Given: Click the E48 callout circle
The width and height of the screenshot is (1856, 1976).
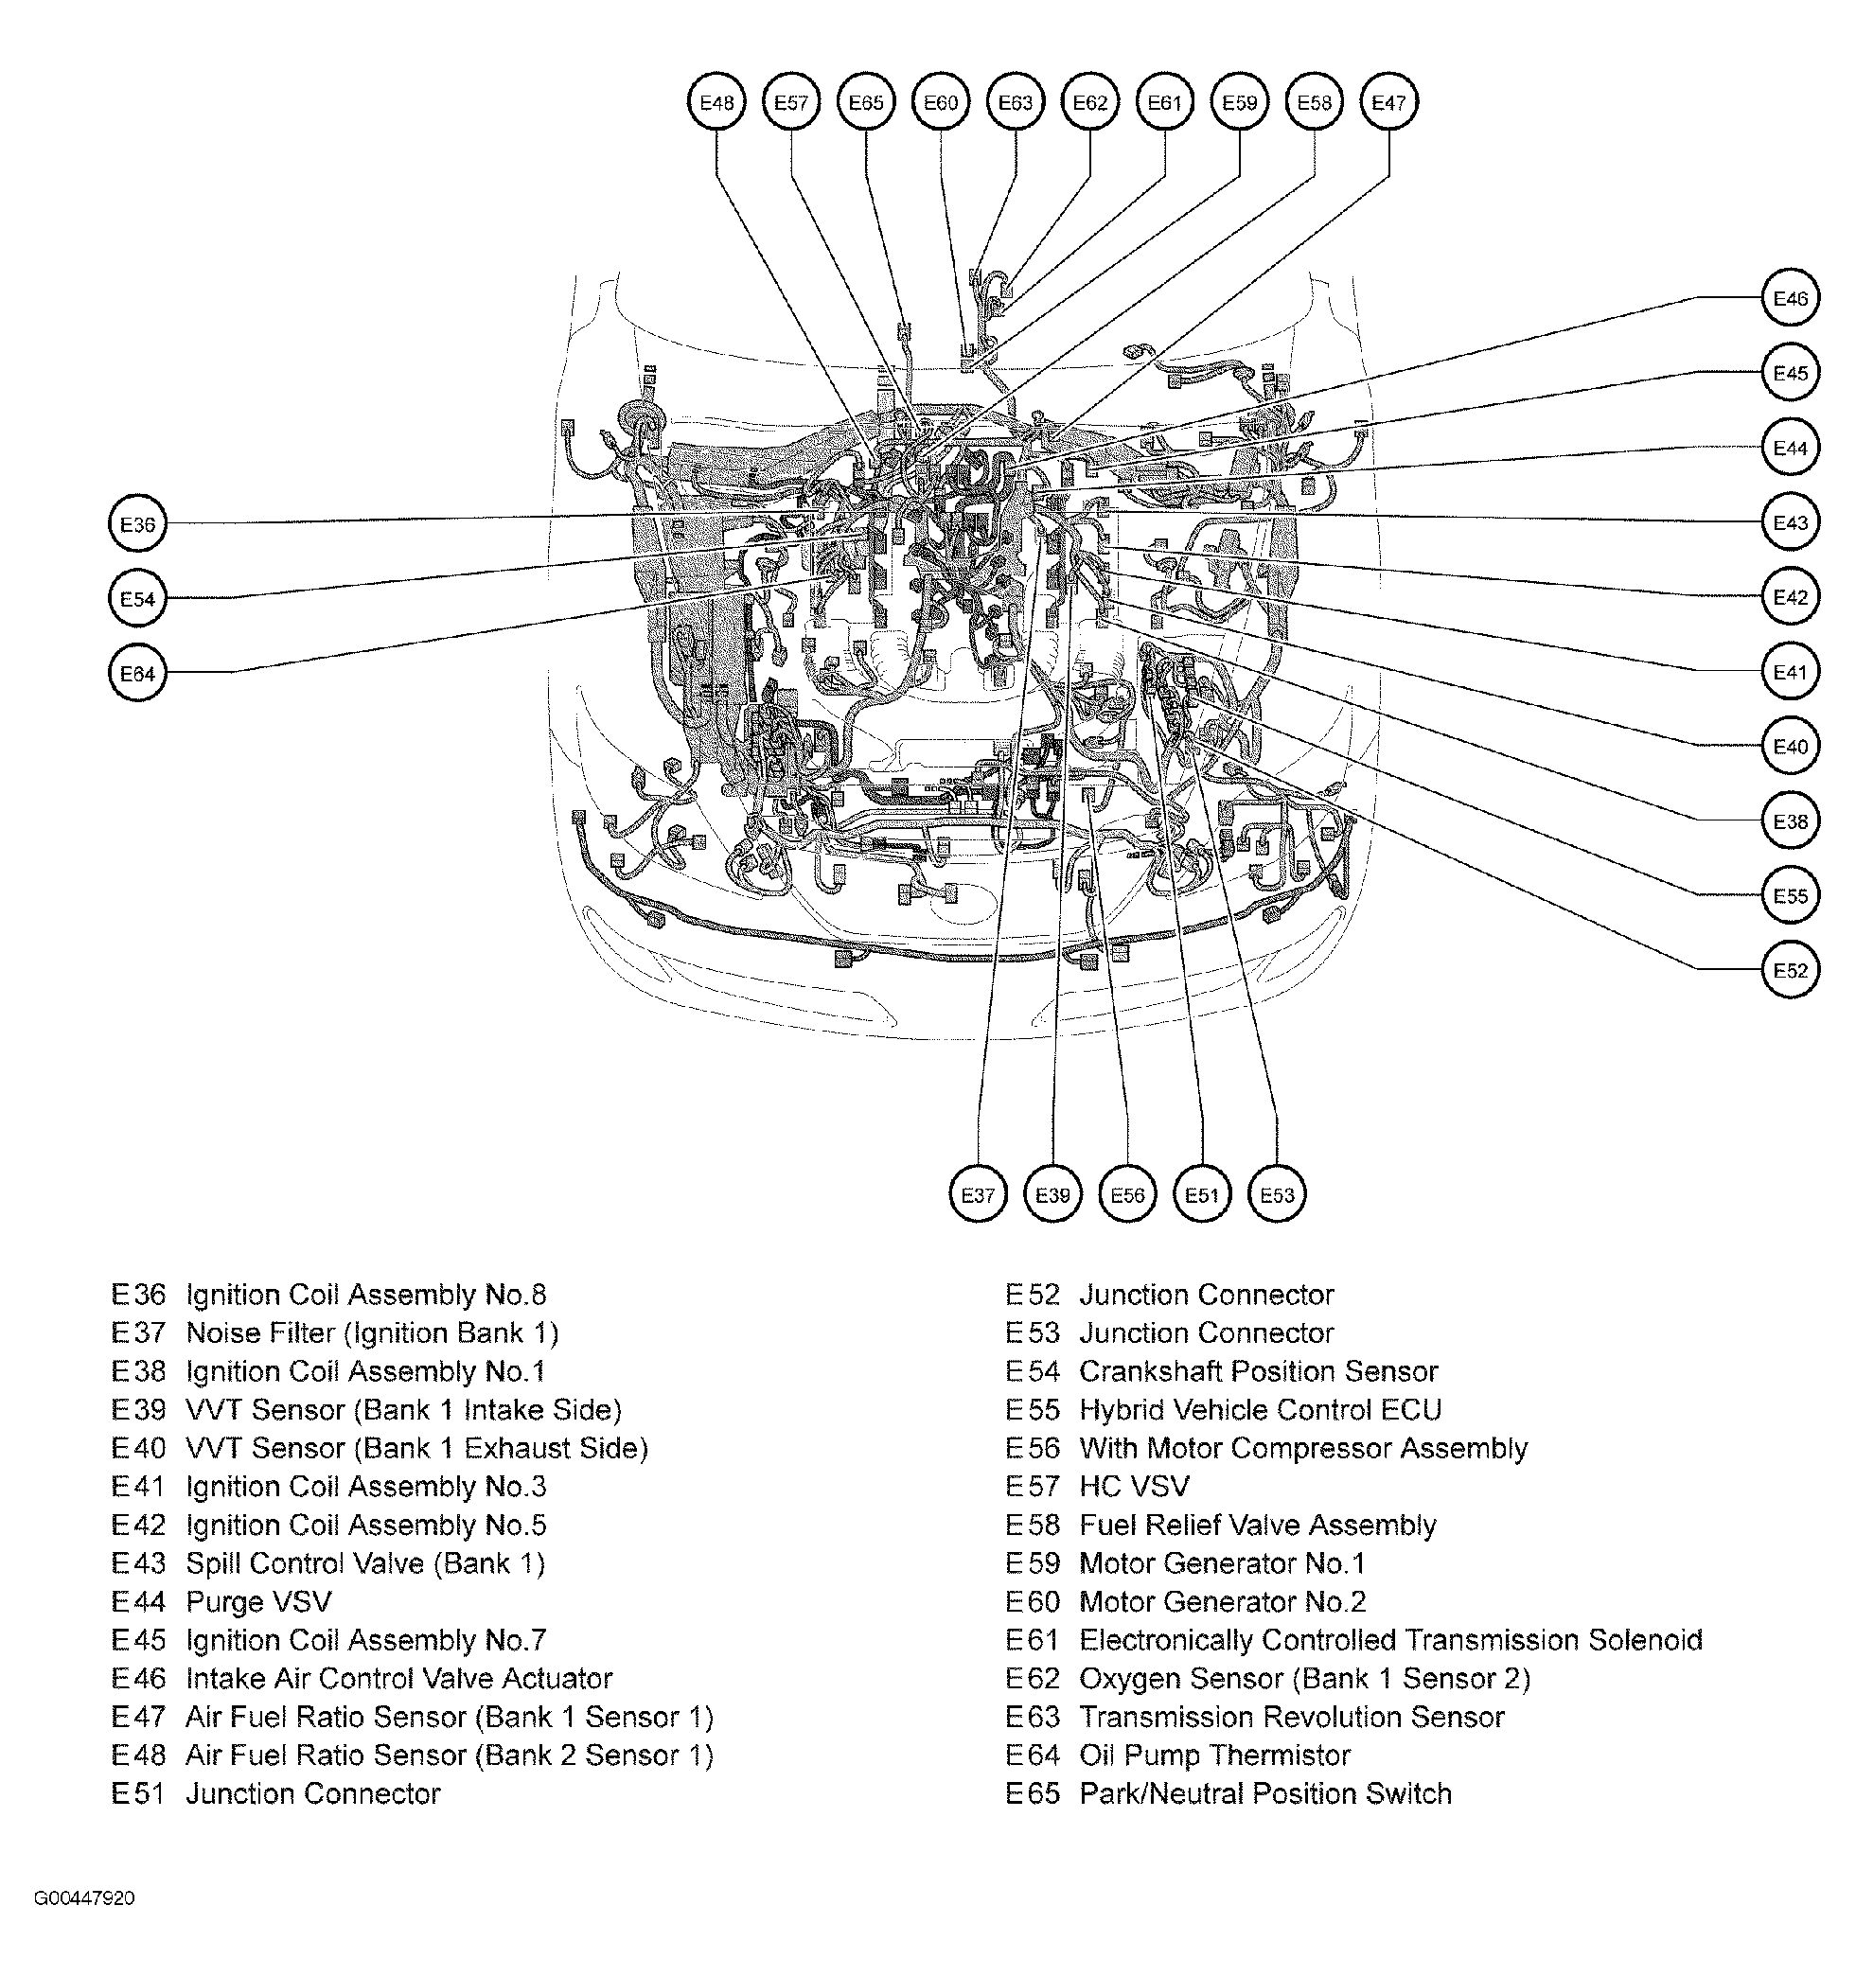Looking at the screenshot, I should [716, 102].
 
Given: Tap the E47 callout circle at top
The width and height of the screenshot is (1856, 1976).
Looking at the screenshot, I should [1388, 102].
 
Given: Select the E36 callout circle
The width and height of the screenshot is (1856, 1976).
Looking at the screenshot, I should [137, 524].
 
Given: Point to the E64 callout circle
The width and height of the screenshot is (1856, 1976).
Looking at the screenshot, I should [137, 673].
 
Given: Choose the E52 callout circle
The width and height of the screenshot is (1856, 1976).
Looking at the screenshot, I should [1791, 970].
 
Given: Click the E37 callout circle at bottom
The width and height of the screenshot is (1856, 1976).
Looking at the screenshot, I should [979, 1194].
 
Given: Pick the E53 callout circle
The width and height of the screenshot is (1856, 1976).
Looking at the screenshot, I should [1277, 1194].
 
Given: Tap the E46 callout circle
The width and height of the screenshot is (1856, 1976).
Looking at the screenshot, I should [1791, 298].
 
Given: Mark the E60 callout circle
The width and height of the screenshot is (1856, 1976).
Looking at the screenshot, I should [941, 102].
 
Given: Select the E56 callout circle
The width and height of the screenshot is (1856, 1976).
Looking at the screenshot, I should [1127, 1194].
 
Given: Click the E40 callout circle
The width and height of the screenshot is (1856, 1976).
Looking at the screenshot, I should [1791, 747].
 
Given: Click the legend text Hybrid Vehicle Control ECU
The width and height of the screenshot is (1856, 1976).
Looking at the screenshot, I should [1260, 1409].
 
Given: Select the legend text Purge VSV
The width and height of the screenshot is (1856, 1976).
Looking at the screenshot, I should [258, 1601].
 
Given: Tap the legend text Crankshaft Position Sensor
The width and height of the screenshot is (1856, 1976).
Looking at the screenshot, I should [1258, 1371].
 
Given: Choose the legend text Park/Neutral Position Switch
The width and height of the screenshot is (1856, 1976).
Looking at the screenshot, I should [1264, 1793].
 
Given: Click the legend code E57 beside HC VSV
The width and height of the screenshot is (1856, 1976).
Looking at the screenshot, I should [1032, 1486].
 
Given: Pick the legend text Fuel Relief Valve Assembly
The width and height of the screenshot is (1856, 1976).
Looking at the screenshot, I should [1257, 1525].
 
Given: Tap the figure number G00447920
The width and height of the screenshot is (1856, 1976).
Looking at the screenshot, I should [84, 1897].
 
